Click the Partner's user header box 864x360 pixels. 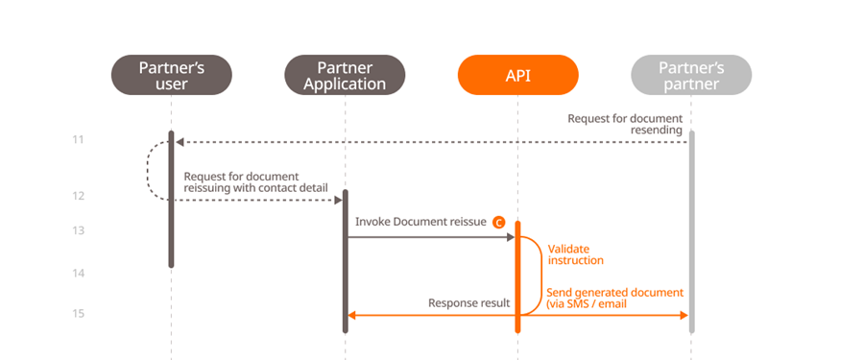(171, 75)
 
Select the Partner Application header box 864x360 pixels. (345, 75)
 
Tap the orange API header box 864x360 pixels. (517, 75)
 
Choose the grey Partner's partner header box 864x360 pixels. (691, 75)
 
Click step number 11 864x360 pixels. (78, 140)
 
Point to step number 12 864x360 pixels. (78, 196)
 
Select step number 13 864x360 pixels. (78, 230)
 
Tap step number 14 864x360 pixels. (78, 273)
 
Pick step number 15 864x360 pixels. (78, 313)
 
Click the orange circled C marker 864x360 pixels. (498, 222)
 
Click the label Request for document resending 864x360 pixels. (625, 124)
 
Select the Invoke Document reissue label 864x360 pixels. (420, 222)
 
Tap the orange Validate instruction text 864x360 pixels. (576, 253)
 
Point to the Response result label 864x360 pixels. (468, 303)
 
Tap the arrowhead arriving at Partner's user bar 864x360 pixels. (180, 142)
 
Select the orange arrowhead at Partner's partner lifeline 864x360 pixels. (684, 314)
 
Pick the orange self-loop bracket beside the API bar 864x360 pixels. (534, 274)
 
